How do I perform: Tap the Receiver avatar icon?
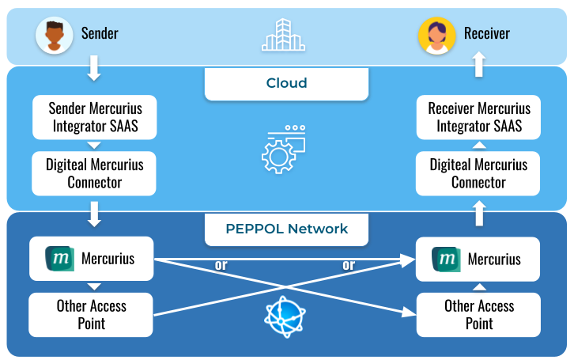(x=436, y=35)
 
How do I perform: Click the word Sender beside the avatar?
(x=100, y=33)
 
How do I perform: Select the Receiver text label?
(x=486, y=33)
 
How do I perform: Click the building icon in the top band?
(x=283, y=35)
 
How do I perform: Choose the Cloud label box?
(x=286, y=83)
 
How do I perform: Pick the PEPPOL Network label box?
(x=286, y=229)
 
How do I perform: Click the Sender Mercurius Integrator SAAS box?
(x=93, y=117)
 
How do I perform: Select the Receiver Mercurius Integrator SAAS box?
(x=478, y=117)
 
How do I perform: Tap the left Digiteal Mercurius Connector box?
(x=93, y=174)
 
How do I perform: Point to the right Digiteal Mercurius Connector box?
(x=478, y=174)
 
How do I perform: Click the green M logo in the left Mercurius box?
(x=59, y=258)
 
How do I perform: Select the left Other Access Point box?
(x=92, y=314)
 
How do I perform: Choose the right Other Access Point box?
(x=478, y=314)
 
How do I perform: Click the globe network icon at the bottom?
(x=284, y=317)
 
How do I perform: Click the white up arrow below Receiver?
(x=478, y=65)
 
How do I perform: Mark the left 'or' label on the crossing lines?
(x=221, y=265)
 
